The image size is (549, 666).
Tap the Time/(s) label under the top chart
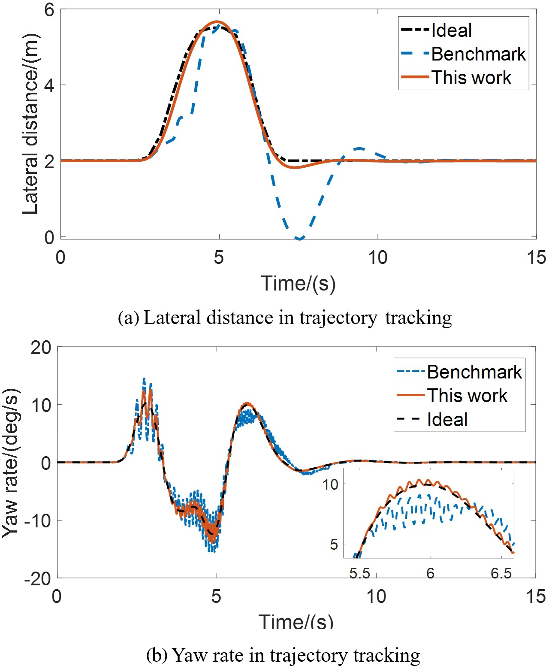298,283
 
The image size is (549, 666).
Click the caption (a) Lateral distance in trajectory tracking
285,318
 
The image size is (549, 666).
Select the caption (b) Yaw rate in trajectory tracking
283,655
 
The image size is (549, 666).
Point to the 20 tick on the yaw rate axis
41,347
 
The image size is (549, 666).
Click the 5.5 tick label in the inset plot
359,573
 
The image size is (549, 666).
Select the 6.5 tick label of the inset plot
501,573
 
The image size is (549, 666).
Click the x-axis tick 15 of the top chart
536,257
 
